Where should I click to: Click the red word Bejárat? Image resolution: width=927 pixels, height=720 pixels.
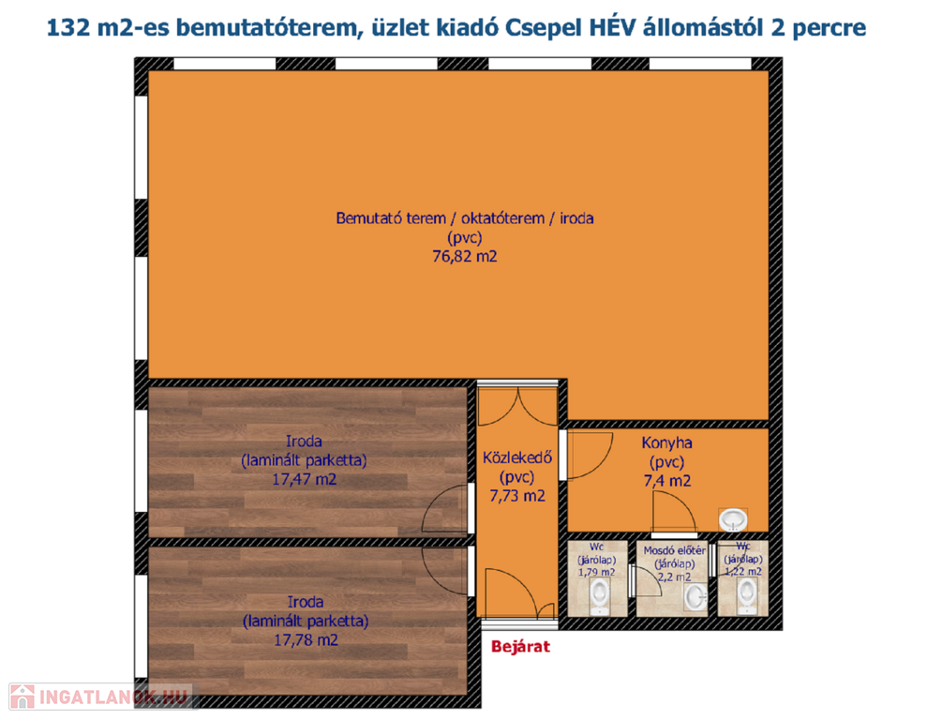pos(520,647)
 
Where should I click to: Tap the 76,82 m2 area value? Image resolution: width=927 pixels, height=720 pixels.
pos(465,257)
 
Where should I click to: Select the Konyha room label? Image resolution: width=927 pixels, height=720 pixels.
pos(666,442)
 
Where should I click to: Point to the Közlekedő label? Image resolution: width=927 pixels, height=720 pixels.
pos(517,457)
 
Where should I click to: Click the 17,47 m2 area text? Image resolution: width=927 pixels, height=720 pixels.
pos(305,479)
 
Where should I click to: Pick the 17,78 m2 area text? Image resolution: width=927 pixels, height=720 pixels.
pos(307,640)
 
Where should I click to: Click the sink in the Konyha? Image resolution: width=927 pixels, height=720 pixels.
pos(733,520)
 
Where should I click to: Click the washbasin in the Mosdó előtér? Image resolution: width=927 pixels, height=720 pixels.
pos(695,597)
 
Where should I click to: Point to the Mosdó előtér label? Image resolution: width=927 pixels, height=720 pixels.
pos(675,550)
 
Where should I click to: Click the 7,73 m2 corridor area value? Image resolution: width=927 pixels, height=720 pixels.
pos(517,496)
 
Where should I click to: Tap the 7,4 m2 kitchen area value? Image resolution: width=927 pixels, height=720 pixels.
pos(666,481)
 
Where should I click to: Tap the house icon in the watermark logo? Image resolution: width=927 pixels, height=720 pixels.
pos(22,697)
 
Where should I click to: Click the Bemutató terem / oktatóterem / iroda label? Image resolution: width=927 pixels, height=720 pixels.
pos(465,218)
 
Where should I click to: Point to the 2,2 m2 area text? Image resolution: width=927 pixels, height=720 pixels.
pos(675,577)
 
